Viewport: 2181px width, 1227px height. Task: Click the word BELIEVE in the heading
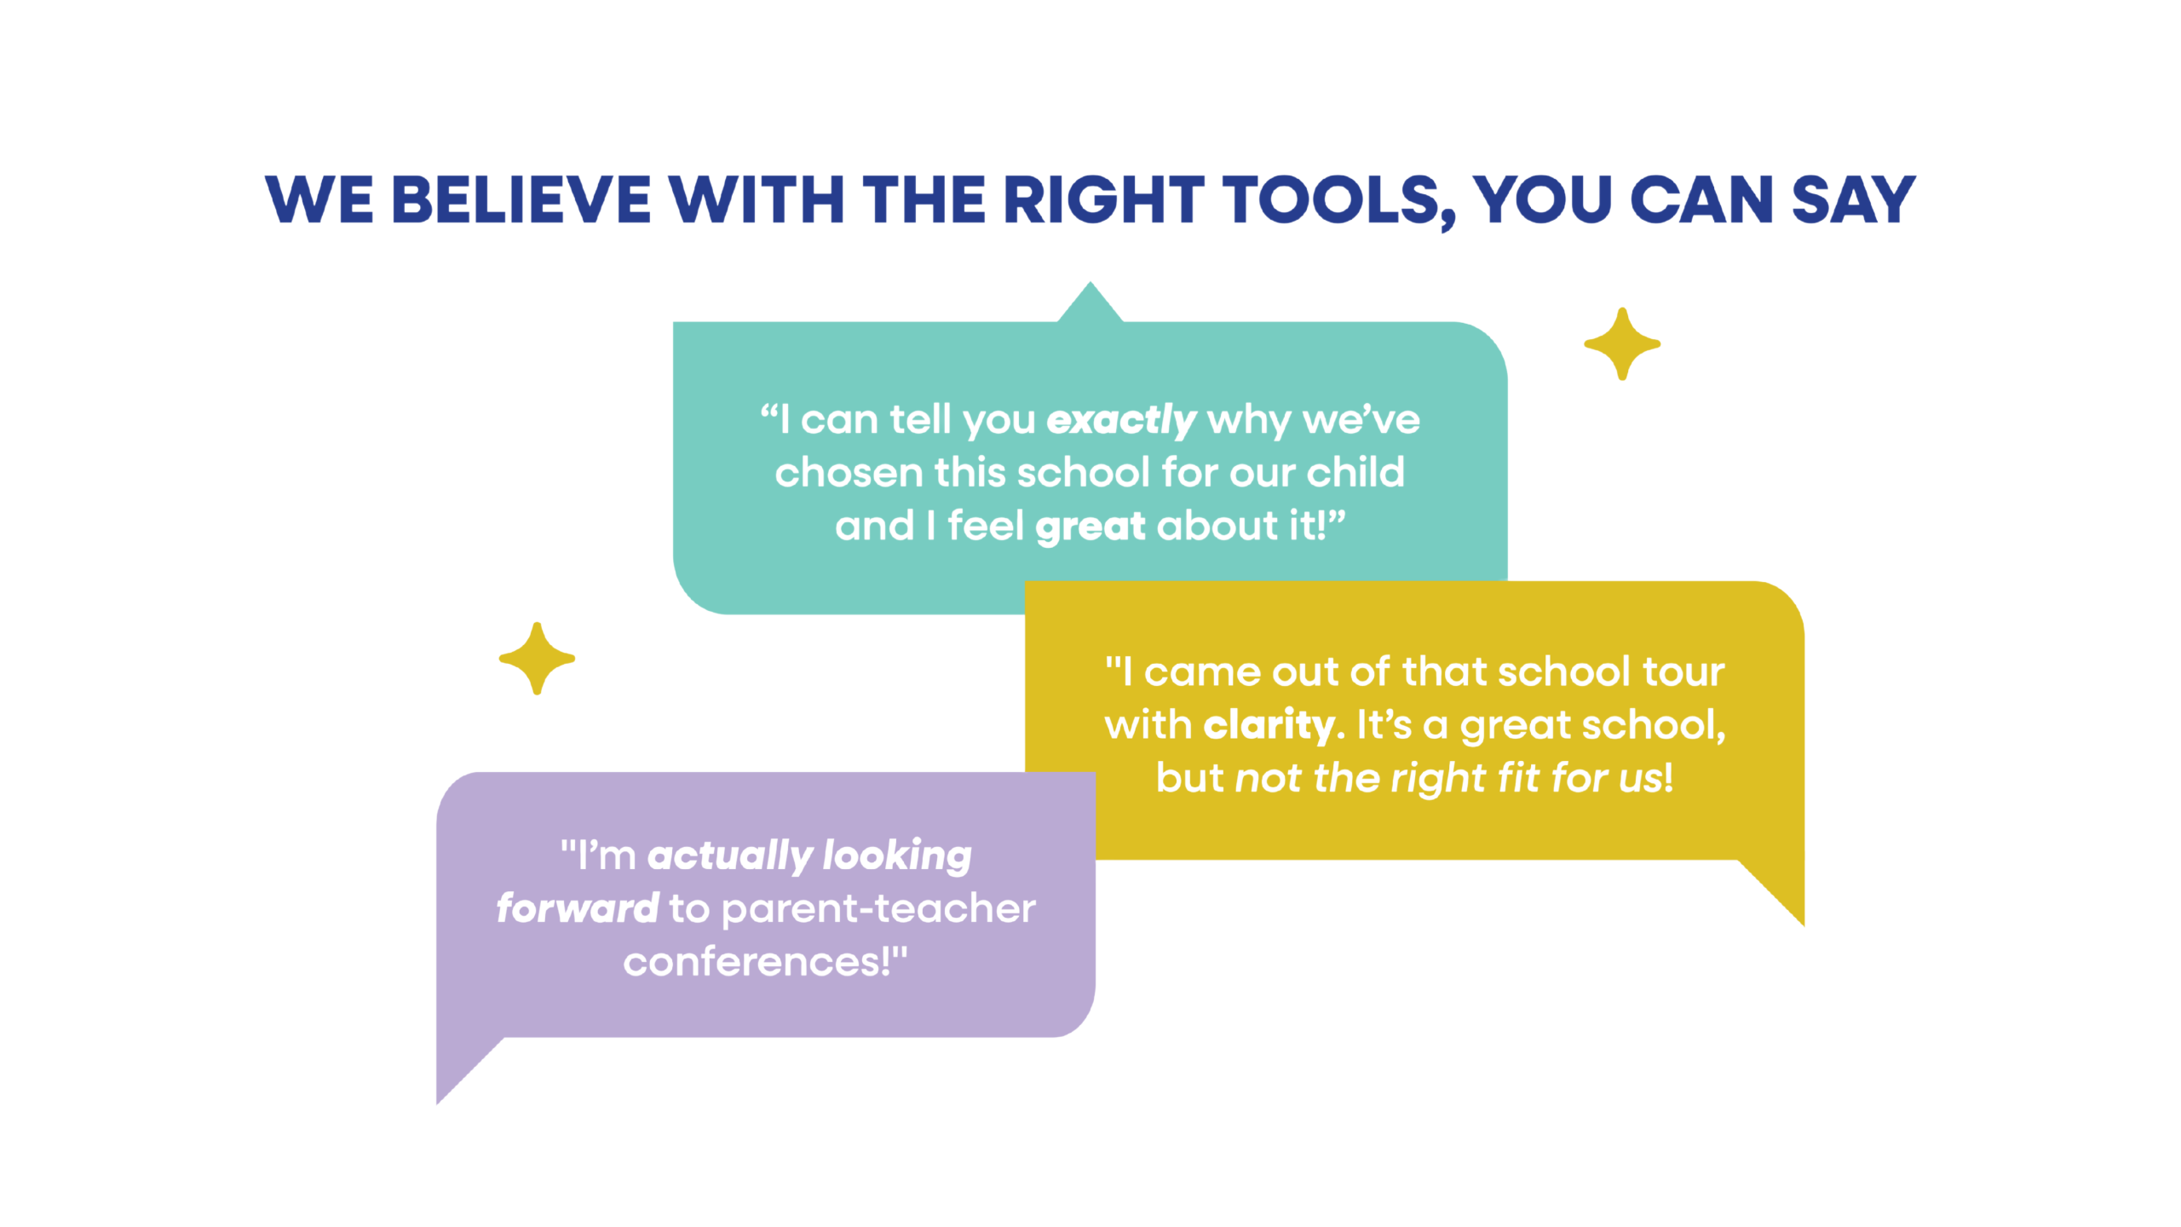click(x=521, y=200)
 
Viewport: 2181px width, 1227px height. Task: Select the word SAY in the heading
click(x=1854, y=200)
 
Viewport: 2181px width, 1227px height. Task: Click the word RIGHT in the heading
click(x=1104, y=200)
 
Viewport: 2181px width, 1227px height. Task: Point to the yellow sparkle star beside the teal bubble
click(x=1622, y=344)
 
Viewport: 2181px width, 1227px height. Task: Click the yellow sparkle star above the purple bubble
click(x=537, y=659)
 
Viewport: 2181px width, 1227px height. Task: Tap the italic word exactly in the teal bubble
click(x=1121, y=421)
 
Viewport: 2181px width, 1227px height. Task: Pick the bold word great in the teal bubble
click(x=1090, y=527)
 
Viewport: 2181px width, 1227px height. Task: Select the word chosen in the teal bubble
click(x=849, y=472)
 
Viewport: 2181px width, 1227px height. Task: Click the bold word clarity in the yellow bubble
click(x=1269, y=725)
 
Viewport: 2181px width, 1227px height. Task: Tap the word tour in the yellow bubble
click(x=1683, y=672)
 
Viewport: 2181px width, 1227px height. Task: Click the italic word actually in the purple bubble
click(x=730, y=856)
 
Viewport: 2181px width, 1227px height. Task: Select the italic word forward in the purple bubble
click(x=578, y=908)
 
